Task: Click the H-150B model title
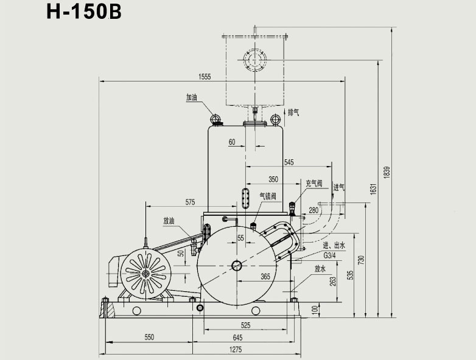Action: pos(85,13)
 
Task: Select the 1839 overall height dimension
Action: pos(386,172)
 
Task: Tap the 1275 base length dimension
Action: pos(236,348)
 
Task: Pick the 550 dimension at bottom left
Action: pos(149,337)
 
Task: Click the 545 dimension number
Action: pos(289,162)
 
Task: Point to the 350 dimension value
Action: pos(273,179)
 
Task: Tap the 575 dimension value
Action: pos(190,201)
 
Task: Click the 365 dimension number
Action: pos(265,277)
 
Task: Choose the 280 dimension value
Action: pos(313,210)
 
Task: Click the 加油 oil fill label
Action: pos(192,97)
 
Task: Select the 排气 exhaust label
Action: pos(293,111)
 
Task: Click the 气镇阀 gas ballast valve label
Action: pos(268,196)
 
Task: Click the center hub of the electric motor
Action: pos(146,274)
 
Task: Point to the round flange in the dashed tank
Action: pos(253,59)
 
